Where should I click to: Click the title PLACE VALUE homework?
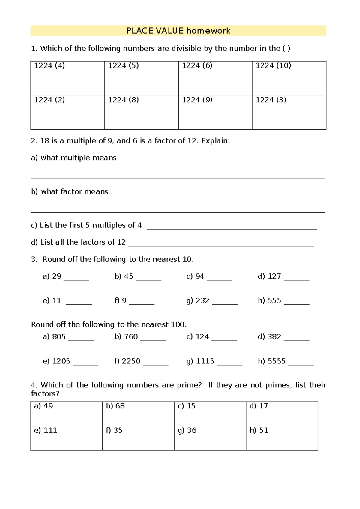pyautogui.click(x=178, y=31)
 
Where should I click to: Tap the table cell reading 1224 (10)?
pyautogui.click(x=289, y=78)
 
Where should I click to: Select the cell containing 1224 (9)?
pyautogui.click(x=215, y=112)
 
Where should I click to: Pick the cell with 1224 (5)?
pyautogui.click(x=141, y=78)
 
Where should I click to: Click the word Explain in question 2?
pyautogui.click(x=215, y=141)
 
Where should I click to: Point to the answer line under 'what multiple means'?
pyautogui.click(x=178, y=178)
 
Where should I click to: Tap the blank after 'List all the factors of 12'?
pyautogui.click(x=221, y=245)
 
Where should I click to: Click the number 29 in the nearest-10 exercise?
pyautogui.click(x=57, y=276)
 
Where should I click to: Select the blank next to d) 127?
pyautogui.click(x=296, y=279)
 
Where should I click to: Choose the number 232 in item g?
pyautogui.click(x=202, y=300)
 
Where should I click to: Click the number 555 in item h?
pyautogui.click(x=274, y=300)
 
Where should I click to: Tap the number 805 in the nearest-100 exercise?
pyautogui.click(x=59, y=337)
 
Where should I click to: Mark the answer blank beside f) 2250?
pyautogui.click(x=155, y=364)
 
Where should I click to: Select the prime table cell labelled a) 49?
pyautogui.click(x=66, y=414)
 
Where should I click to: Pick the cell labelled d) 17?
pyautogui.click(x=282, y=414)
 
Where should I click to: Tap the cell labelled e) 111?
pyautogui.click(x=66, y=438)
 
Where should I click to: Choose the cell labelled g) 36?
pyautogui.click(x=210, y=438)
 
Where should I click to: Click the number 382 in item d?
pyautogui.click(x=274, y=337)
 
